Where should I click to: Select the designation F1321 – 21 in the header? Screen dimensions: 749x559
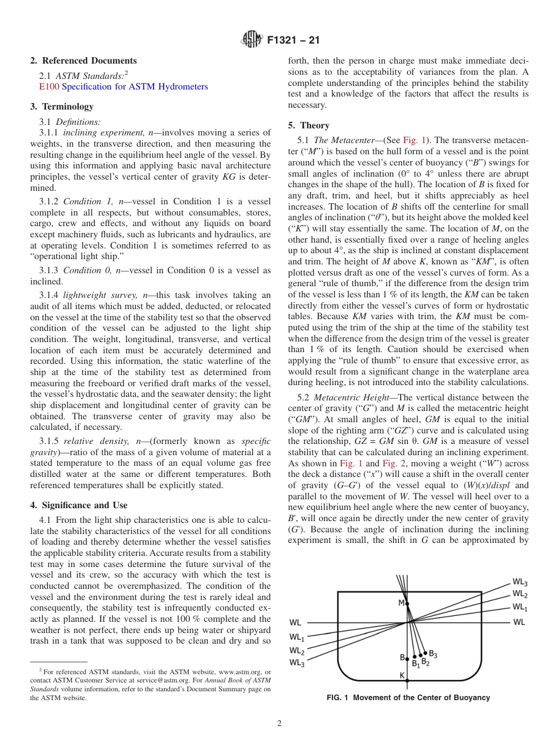[x=293, y=41]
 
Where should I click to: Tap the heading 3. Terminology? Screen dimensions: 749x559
[x=61, y=107]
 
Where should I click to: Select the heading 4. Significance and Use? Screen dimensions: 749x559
[x=78, y=505]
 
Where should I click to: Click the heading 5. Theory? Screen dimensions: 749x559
[x=309, y=125]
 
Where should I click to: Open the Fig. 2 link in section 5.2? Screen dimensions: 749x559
[x=394, y=464]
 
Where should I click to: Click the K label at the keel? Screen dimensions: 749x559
[x=402, y=675]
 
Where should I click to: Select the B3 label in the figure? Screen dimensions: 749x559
[x=432, y=654]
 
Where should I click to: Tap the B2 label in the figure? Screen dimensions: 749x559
[x=425, y=662]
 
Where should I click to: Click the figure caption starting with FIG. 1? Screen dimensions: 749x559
[x=408, y=698]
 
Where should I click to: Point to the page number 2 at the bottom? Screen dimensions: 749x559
[x=279, y=724]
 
